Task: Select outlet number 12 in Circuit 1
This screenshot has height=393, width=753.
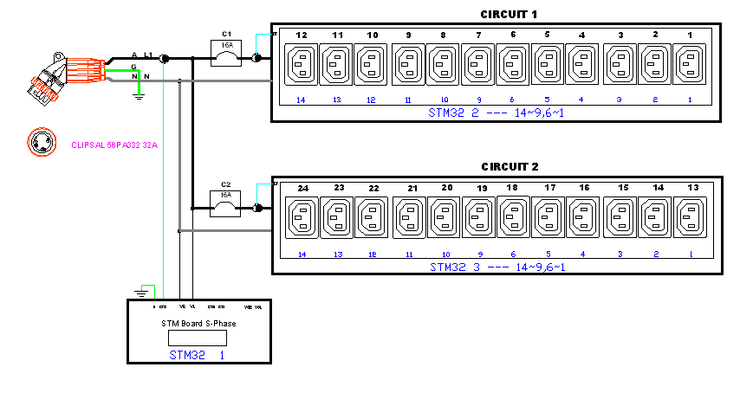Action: pyautogui.click(x=302, y=64)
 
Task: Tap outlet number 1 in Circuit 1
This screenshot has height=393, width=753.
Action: pyautogui.click(x=691, y=64)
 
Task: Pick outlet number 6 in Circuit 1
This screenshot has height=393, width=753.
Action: pyautogui.click(x=513, y=64)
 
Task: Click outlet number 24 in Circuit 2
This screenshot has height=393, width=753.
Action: pyautogui.click(x=302, y=215)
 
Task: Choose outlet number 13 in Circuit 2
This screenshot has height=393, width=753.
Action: pyautogui.click(x=691, y=215)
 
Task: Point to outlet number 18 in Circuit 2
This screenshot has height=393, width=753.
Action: pyautogui.click(x=513, y=215)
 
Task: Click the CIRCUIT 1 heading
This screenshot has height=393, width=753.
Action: pyautogui.click(x=510, y=14)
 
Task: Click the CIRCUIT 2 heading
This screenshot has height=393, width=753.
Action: pyautogui.click(x=510, y=166)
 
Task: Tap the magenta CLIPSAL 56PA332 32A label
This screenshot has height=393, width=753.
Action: pyautogui.click(x=114, y=145)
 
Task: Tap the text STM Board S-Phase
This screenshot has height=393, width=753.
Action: pyautogui.click(x=198, y=323)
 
